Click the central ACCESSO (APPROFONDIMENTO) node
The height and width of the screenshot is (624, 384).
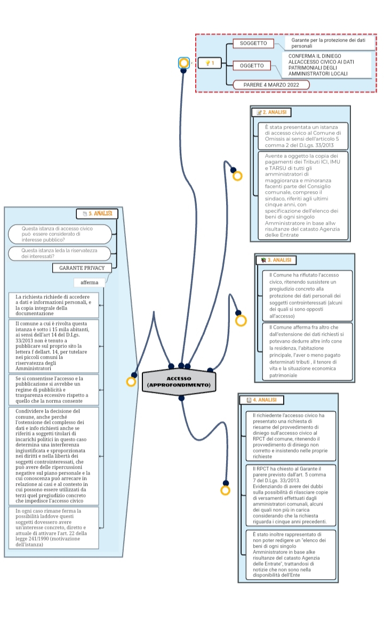179,382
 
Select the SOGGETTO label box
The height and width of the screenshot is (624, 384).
253,43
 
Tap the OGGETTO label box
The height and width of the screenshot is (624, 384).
252,66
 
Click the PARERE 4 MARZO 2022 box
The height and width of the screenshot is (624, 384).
271,85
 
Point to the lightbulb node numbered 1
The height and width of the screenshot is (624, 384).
210,63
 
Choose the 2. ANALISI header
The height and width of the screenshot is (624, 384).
271,113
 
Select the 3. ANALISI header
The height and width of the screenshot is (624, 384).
276,260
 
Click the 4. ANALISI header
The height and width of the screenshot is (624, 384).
262,400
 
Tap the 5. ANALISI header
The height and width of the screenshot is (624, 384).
97,214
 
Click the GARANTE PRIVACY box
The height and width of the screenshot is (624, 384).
82,268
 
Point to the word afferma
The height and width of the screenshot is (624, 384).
90,282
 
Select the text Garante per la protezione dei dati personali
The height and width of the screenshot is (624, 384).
329,43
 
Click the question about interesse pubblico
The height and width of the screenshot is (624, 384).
60,234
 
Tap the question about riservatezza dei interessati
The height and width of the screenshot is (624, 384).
60,253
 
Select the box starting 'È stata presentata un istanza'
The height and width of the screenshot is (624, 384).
303,136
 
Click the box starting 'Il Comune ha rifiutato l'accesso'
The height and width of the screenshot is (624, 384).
307,295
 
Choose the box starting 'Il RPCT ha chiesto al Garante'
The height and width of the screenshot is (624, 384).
291,495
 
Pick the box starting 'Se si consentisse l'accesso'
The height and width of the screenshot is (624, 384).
54,390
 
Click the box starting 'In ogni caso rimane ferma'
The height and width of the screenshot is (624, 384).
54,528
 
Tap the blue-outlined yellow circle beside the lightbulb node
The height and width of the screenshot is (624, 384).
183,63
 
